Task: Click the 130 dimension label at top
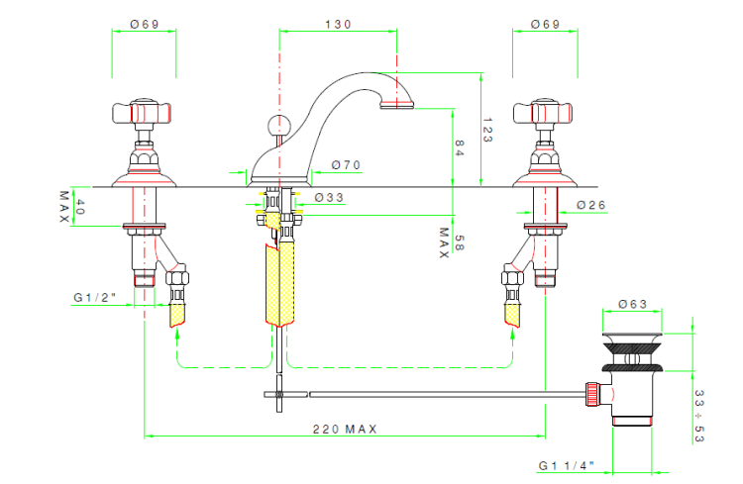click(338, 24)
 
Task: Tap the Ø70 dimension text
click(347, 165)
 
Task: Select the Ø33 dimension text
click(329, 197)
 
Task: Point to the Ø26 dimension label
click(591, 205)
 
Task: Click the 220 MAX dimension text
click(345, 429)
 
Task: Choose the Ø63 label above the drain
click(633, 304)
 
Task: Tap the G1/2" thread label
click(95, 297)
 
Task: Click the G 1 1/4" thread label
click(567, 465)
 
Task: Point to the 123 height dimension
click(487, 131)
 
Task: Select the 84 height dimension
click(459, 147)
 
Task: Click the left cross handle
click(142, 114)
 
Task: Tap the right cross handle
click(543, 114)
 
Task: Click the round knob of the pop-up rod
click(277, 125)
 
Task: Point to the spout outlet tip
click(397, 106)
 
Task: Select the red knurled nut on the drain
click(592, 394)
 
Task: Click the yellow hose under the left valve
click(177, 315)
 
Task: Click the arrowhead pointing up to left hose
click(177, 334)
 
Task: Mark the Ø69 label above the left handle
click(145, 24)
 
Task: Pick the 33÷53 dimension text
click(699, 416)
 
